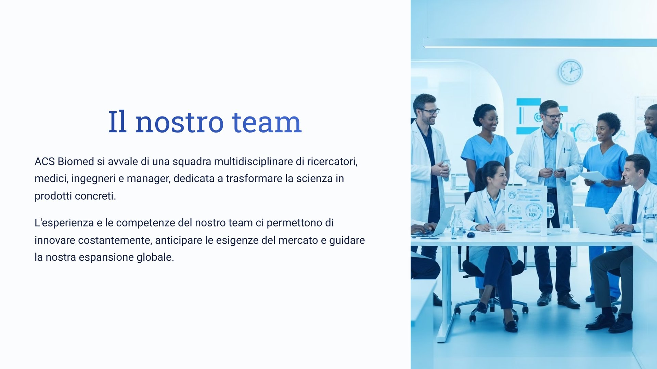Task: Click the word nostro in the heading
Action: coord(179,122)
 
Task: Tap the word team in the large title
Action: coord(267,122)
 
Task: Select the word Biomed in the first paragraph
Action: coord(76,161)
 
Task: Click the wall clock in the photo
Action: coord(570,71)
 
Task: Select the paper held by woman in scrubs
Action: coord(593,177)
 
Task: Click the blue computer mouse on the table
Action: coord(471,235)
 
